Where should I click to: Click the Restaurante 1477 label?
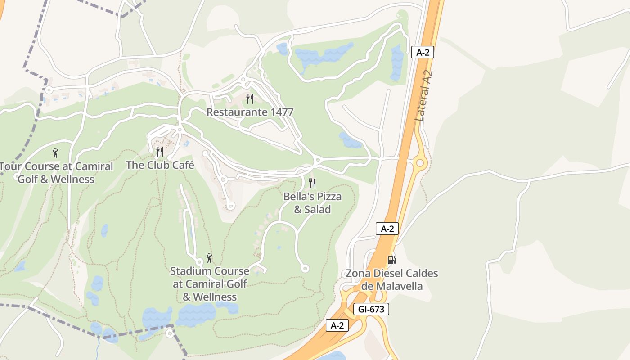pos(250,112)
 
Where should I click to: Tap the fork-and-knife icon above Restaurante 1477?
pos(250,99)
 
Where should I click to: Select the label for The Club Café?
pos(160,165)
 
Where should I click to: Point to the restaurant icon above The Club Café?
pos(159,151)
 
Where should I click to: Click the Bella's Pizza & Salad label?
pos(312,203)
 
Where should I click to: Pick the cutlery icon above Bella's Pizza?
pos(312,183)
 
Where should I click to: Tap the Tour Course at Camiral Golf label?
pos(56,173)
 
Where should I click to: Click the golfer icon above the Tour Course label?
pos(55,153)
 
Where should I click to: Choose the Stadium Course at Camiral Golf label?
pos(210,284)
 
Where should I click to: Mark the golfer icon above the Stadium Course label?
pos(209,258)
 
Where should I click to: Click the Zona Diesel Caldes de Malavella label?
pos(391,279)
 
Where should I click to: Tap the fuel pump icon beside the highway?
pos(391,260)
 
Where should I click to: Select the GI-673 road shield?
pos(371,309)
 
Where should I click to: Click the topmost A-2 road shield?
pos(423,52)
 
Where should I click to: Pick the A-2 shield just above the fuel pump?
pos(387,229)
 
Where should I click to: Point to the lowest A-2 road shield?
pos(337,325)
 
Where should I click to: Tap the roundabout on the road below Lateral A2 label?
pos(420,162)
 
